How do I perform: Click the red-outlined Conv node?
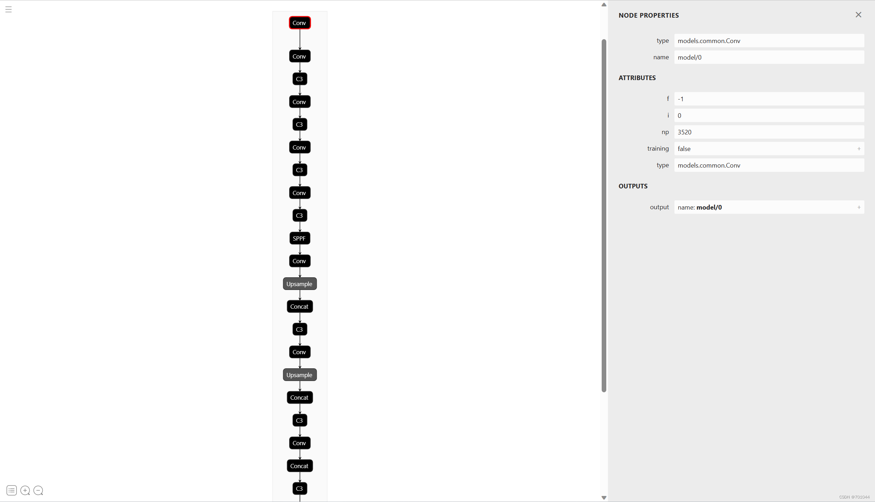click(x=299, y=23)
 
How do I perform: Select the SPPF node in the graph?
click(x=299, y=238)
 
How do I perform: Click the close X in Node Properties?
click(x=858, y=15)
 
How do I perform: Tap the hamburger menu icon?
click(x=9, y=10)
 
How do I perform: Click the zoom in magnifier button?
click(x=25, y=490)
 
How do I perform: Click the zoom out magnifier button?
click(x=38, y=490)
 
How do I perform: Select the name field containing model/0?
click(x=769, y=57)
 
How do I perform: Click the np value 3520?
click(x=769, y=132)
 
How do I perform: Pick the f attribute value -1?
click(x=769, y=99)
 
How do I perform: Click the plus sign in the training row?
click(x=859, y=149)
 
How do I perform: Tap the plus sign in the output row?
click(x=859, y=207)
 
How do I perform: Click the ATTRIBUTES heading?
click(x=637, y=78)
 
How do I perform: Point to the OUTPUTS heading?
click(x=633, y=186)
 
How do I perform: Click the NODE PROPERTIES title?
click(x=648, y=16)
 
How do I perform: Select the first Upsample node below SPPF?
click(x=299, y=284)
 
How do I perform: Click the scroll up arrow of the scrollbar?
click(x=604, y=5)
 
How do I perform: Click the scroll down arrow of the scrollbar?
click(x=604, y=497)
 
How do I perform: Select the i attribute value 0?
click(x=769, y=115)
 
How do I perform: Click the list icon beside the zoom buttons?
click(x=12, y=490)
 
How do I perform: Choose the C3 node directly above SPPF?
click(x=299, y=216)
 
